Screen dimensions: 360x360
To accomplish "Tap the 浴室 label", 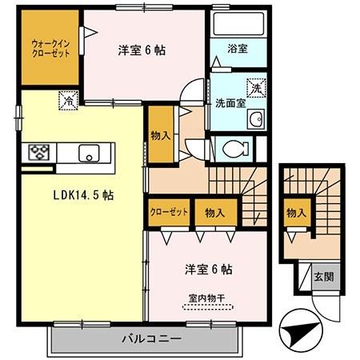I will pos(237,48).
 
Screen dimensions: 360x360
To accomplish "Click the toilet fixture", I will pos(233,148).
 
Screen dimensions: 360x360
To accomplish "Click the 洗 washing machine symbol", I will pos(256,86).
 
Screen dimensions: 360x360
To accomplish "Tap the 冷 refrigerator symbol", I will pos(69,101).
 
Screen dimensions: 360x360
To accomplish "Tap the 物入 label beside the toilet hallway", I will pos(161,134).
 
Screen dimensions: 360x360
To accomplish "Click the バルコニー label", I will pos(148,338).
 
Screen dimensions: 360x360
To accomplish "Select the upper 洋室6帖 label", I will pos(142,50).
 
